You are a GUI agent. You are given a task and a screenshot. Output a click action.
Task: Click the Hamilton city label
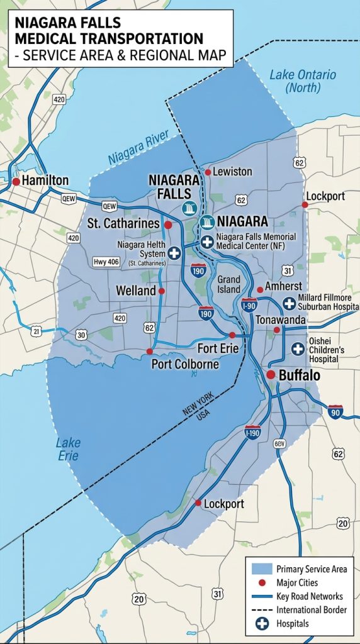click(45, 180)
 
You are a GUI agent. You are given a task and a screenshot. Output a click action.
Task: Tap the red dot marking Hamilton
click(16, 181)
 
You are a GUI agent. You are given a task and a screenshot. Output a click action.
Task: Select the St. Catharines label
click(123, 223)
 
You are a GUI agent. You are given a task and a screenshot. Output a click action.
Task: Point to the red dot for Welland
click(162, 291)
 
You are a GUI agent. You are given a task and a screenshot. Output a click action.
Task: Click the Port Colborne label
click(185, 364)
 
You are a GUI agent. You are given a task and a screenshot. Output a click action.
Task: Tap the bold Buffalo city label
click(299, 375)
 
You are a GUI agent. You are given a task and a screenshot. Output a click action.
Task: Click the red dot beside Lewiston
click(208, 172)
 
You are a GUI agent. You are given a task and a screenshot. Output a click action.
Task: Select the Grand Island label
click(229, 284)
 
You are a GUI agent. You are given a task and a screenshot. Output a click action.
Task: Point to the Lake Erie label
click(68, 449)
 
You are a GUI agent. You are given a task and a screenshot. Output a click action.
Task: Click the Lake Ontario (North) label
click(302, 81)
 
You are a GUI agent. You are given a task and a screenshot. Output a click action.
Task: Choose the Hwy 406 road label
click(106, 262)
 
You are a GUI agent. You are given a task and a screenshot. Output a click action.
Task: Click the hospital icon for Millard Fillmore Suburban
click(289, 303)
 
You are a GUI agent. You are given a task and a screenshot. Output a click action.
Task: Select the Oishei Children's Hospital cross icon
click(298, 348)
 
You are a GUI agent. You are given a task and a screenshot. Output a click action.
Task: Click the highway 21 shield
click(37, 331)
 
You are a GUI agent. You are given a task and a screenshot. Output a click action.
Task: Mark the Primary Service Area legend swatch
click(261, 569)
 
